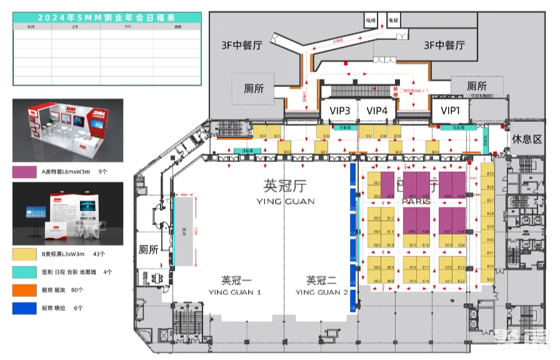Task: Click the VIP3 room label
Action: (x=341, y=111)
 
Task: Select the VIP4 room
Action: (x=377, y=111)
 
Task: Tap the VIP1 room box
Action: (x=450, y=111)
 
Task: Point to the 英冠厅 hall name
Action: (x=284, y=186)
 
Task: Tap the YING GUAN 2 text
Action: (x=322, y=292)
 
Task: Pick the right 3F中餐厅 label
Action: (x=444, y=46)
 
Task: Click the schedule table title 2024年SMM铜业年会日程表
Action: (x=107, y=17)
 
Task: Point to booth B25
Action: (x=490, y=174)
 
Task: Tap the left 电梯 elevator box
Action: (x=371, y=21)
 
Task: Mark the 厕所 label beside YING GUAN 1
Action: (x=147, y=249)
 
